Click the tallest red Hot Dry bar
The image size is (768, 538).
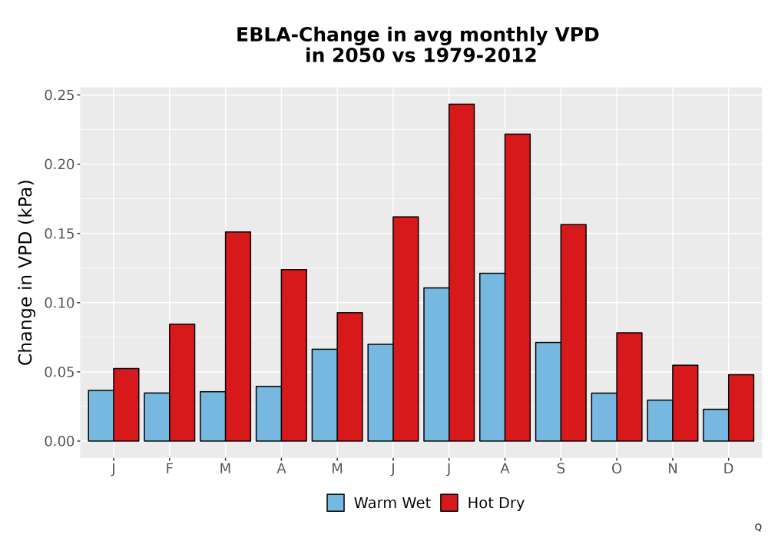click(x=462, y=272)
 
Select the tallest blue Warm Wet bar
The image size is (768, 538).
click(x=492, y=357)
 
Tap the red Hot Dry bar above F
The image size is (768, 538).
click(x=182, y=383)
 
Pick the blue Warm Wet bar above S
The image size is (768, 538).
click(x=548, y=392)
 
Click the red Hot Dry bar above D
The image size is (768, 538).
click(x=741, y=407)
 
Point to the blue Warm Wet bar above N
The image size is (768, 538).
click(x=660, y=420)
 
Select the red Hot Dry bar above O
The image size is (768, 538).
click(x=630, y=387)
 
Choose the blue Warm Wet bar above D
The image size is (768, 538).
click(x=716, y=425)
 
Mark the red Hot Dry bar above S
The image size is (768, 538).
click(x=574, y=333)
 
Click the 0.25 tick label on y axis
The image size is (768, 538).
click(x=60, y=95)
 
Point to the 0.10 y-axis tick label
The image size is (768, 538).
click(x=60, y=303)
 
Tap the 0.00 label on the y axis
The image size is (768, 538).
click(x=60, y=441)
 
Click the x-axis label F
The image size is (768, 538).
click(x=170, y=469)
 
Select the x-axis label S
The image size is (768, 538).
click(x=561, y=469)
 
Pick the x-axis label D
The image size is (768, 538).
click(x=728, y=469)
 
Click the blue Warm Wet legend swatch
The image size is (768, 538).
click(x=336, y=503)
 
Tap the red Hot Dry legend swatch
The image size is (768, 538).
click(x=449, y=503)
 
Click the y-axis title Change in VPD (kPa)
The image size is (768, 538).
click(x=25, y=272)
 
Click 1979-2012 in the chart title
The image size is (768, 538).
click(x=479, y=55)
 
